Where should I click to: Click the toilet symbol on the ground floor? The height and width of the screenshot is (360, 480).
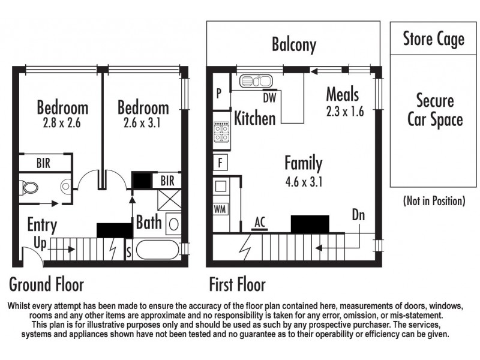click(29, 187)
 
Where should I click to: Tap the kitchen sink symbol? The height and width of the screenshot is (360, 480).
click(256, 81)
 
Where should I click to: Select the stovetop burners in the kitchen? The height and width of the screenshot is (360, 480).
click(221, 132)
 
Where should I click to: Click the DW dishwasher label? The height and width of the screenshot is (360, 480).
click(269, 98)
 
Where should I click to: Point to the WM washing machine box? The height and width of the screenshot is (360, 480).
click(220, 209)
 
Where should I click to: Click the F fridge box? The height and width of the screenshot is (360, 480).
click(220, 163)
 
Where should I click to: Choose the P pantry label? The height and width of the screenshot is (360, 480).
click(219, 93)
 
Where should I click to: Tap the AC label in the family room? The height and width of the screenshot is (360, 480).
click(260, 222)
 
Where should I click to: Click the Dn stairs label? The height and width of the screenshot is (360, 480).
click(358, 215)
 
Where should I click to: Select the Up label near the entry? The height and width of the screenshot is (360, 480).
click(40, 244)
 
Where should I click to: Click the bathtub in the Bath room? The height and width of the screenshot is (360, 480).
click(157, 250)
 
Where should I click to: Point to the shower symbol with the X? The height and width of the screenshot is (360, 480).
click(169, 200)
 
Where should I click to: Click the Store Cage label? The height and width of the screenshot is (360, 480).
click(433, 39)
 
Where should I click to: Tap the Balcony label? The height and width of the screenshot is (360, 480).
click(294, 44)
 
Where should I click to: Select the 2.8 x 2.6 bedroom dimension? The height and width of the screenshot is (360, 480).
click(62, 123)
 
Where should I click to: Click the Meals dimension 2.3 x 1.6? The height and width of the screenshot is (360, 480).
click(345, 112)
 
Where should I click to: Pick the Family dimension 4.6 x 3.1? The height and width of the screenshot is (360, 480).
click(304, 182)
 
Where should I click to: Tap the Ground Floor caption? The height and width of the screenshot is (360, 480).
click(47, 284)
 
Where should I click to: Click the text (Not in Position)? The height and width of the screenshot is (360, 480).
click(434, 201)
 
